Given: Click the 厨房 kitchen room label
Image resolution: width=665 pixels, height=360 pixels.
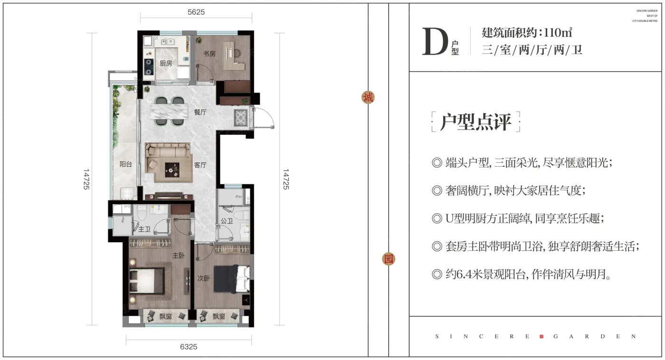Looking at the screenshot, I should click(166, 63).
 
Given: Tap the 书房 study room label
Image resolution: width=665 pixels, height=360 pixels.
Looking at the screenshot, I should click(209, 54).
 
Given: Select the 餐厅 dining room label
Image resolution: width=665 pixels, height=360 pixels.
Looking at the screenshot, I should click(200, 113).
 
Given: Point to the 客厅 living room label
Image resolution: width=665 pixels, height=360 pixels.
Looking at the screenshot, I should click(200, 165).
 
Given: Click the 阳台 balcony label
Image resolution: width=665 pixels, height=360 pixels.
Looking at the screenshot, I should click(126, 164).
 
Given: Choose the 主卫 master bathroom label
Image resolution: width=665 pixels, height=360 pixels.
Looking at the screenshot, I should click(144, 229).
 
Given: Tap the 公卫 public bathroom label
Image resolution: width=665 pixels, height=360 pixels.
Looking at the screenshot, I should click(227, 221).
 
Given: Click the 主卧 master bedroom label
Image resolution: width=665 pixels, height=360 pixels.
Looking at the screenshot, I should click(178, 256).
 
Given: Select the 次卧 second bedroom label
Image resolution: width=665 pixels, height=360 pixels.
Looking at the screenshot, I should click(203, 278).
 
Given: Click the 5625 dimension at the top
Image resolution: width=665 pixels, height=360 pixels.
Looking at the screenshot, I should click(196, 12).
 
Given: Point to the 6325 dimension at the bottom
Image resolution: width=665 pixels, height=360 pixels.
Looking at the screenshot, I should click(189, 347).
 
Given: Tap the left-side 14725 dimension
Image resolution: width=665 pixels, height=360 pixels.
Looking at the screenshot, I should click(86, 180).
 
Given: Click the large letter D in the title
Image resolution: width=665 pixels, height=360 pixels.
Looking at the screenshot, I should click(435, 42).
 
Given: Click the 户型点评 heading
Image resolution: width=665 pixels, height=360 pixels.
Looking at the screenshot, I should click(475, 122).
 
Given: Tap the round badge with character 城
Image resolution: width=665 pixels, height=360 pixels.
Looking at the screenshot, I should click(368, 97).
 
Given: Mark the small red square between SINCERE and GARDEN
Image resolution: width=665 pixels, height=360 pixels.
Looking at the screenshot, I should click(541, 336).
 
